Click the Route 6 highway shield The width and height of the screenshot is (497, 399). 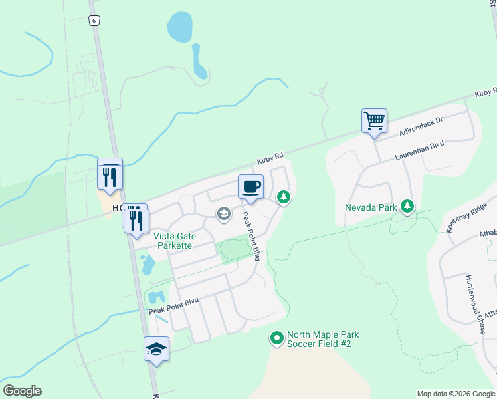tap(94, 21)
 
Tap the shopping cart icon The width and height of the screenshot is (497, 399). tap(374, 121)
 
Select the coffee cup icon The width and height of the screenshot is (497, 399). tap(250, 186)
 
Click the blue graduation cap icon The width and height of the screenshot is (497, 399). tap(156, 348)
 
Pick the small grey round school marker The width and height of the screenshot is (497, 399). tap(224, 213)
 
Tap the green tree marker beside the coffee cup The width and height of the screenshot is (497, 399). tap(284, 197)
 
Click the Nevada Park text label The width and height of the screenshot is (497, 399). tap(371, 207)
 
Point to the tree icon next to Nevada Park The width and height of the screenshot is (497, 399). tap(407, 207)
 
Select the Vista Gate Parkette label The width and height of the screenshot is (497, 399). tap(173, 241)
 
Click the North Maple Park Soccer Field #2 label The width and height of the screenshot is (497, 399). tap(319, 339)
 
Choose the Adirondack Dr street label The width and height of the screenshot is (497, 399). tap(421, 124)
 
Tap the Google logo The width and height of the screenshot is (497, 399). tap(22, 391)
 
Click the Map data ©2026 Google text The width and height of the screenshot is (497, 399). tap(456, 394)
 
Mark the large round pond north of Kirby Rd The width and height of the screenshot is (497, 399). tap(180, 27)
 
